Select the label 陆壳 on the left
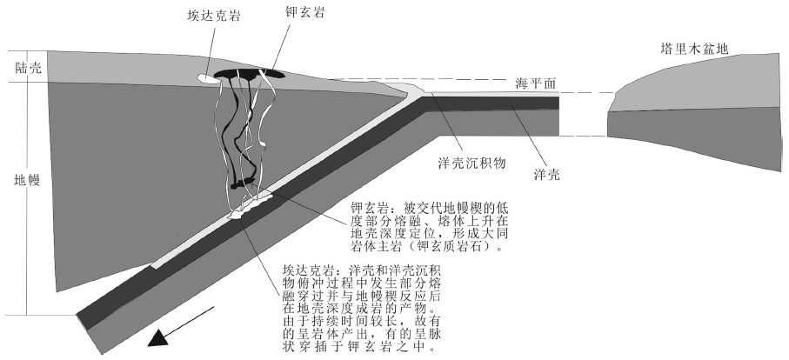pos(17,67)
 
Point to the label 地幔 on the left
pos(17,183)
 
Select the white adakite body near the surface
pos(204,78)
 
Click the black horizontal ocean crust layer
pos(496,102)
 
